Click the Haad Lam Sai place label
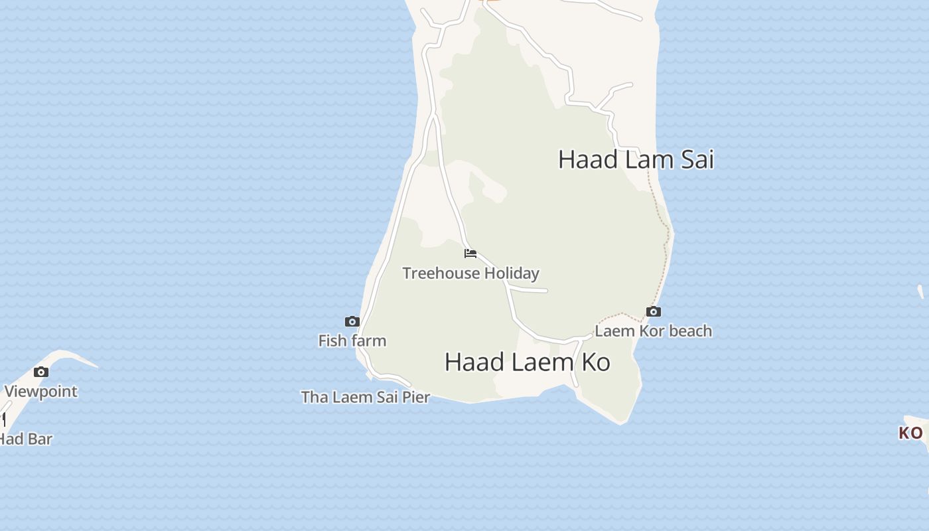tap(636, 160)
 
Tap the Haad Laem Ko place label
tap(528, 362)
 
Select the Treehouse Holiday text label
tap(470, 273)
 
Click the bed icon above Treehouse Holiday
tap(470, 253)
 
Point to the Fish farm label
tap(352, 341)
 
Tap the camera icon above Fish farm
tap(352, 322)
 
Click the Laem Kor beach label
tap(653, 331)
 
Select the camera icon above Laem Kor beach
tap(654, 311)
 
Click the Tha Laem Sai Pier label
tap(366, 397)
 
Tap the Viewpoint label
tap(41, 391)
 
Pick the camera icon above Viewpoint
tap(41, 372)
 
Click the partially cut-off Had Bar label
tap(25, 439)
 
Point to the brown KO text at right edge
tap(910, 433)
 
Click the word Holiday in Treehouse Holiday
tap(512, 273)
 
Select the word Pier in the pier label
tap(416, 397)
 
